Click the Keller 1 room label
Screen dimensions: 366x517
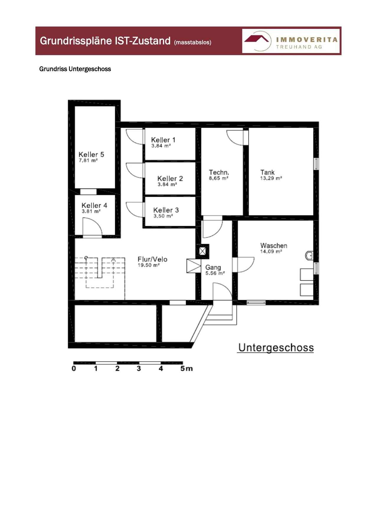(163, 140)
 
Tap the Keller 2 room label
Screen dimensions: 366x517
(170, 178)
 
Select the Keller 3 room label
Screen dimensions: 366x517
(166, 210)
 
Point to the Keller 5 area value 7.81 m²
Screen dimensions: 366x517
(88, 160)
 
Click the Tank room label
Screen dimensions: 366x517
(267, 172)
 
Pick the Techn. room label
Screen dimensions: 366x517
(219, 172)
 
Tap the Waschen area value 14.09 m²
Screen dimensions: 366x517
(271, 251)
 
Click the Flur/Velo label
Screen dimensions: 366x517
(152, 259)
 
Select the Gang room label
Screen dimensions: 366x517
(213, 267)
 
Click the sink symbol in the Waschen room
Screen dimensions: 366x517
(309, 255)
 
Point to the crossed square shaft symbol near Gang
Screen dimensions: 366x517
(202, 251)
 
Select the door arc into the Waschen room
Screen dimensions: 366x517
(250, 267)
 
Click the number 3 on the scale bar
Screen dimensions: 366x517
(139, 368)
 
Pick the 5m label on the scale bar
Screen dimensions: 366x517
(187, 368)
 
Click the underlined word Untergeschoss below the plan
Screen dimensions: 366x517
(276, 348)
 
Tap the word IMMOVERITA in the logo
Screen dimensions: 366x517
(307, 40)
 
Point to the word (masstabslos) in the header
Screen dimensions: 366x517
(193, 42)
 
